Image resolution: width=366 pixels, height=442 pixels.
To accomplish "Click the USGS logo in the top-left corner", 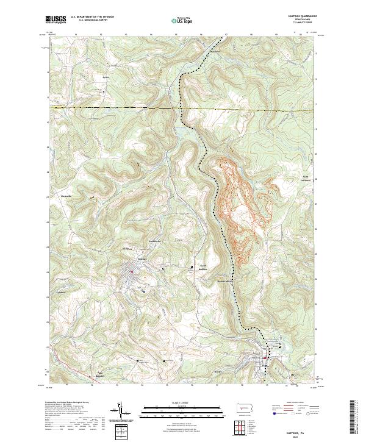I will coord(57,20).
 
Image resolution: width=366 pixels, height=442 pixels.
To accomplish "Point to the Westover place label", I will coord(65,195).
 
